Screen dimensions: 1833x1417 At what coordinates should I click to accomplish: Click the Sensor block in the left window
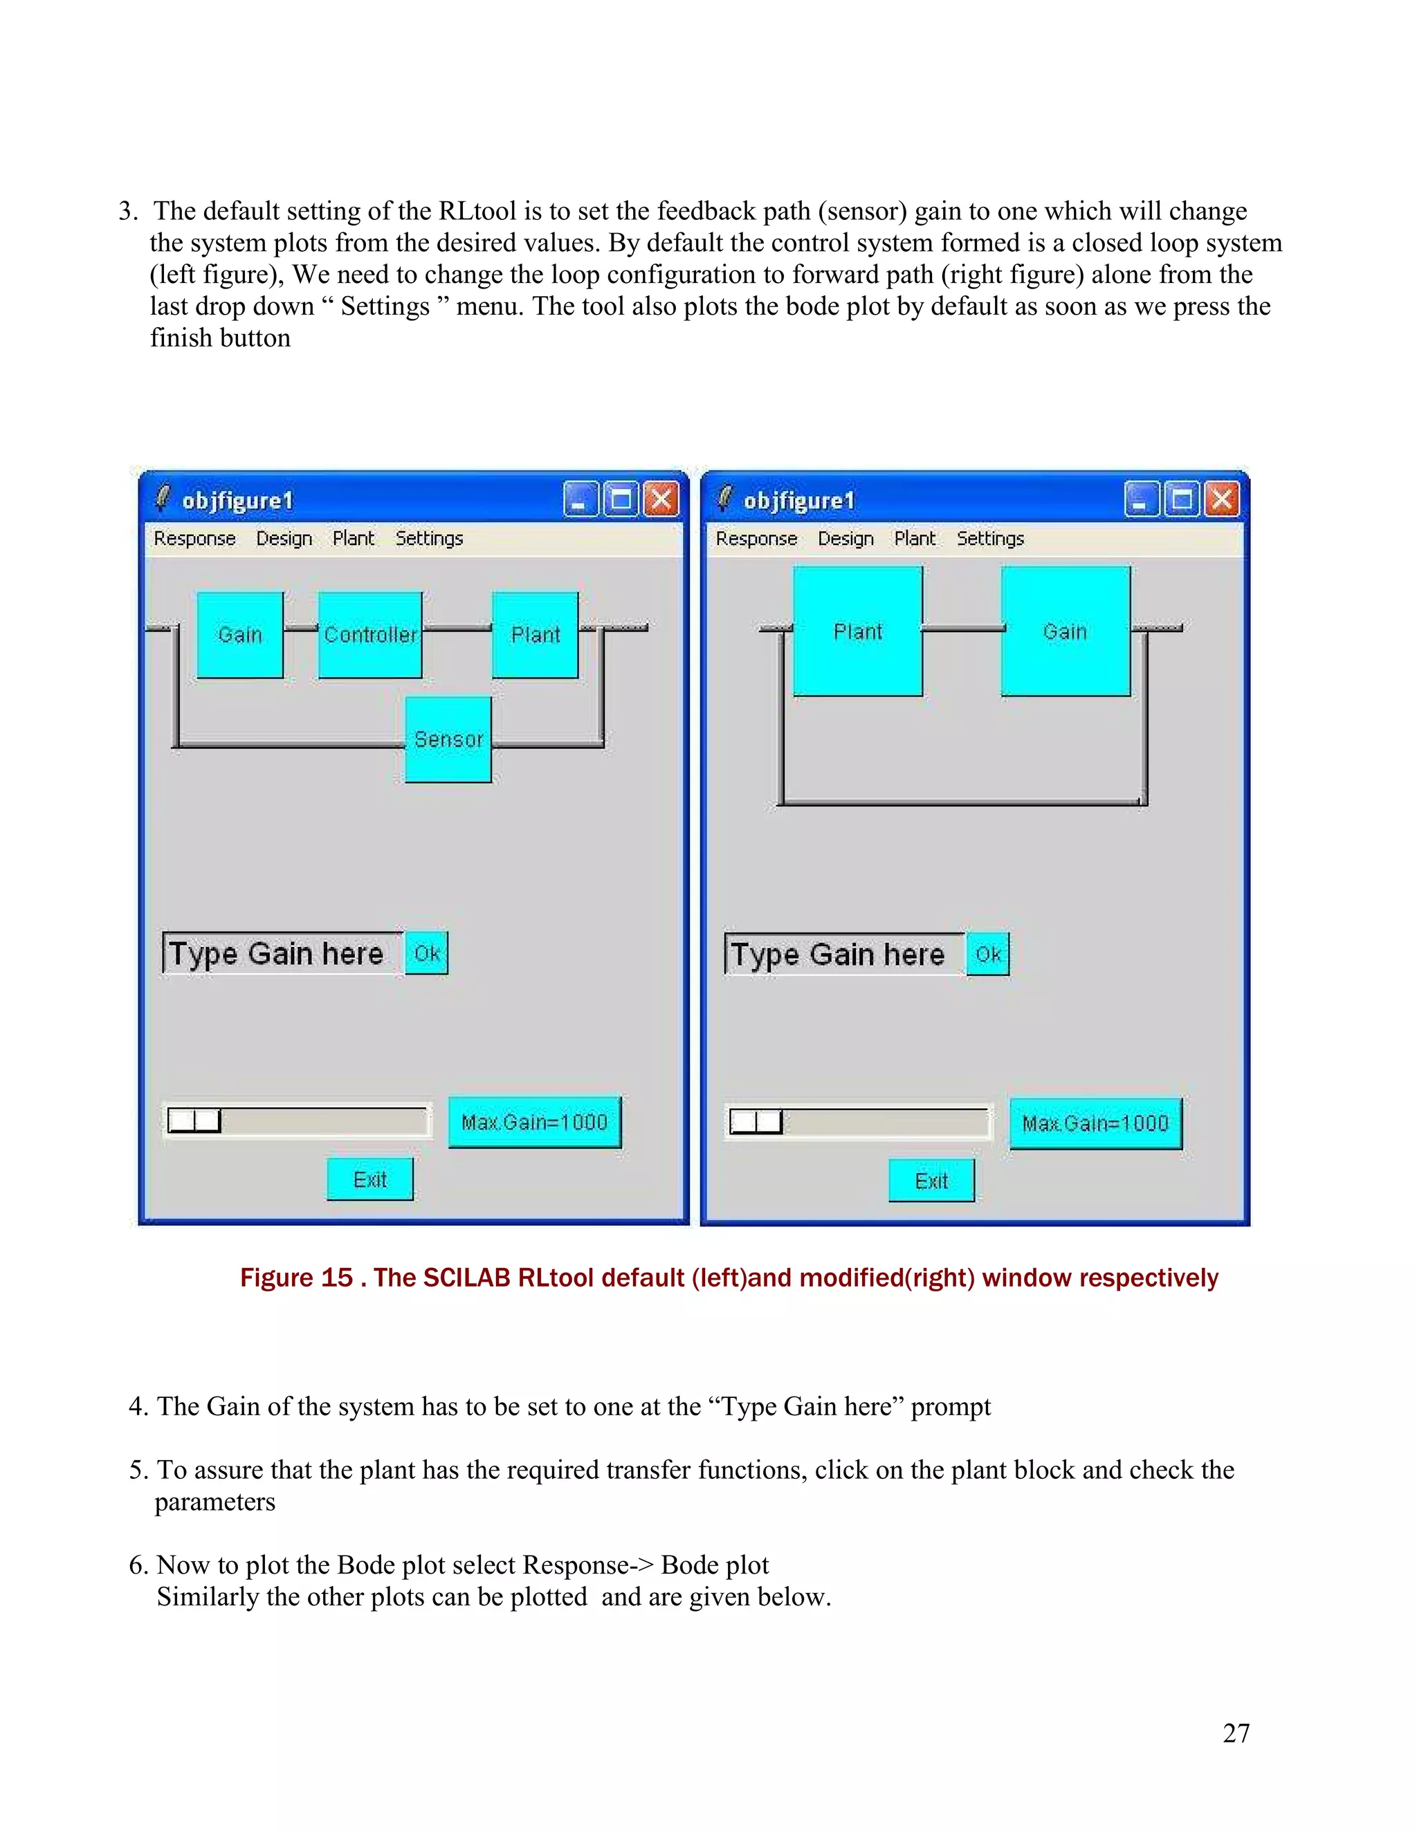click(448, 739)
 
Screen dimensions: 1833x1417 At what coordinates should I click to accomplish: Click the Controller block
click(370, 634)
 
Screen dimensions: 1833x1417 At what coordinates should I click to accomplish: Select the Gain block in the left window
click(240, 634)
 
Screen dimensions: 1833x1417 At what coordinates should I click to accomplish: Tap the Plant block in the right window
click(857, 631)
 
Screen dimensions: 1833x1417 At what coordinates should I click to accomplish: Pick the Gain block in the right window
click(1064, 631)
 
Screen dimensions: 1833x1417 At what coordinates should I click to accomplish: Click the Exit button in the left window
click(369, 1179)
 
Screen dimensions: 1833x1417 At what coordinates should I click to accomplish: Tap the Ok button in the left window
click(426, 953)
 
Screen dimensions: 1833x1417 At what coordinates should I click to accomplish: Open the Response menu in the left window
click(194, 538)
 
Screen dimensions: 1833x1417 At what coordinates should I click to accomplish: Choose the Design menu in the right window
click(845, 538)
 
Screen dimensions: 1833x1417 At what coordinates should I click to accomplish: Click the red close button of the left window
click(661, 500)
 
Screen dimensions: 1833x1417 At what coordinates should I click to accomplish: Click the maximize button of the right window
click(1182, 500)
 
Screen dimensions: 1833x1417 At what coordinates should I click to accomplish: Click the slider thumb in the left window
click(194, 1121)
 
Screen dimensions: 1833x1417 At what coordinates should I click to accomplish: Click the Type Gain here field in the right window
click(843, 955)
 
